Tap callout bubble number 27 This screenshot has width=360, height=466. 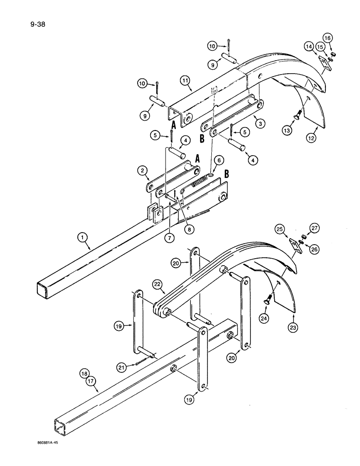pyautogui.click(x=314, y=228)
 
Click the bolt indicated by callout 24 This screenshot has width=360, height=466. pyautogui.click(x=269, y=303)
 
